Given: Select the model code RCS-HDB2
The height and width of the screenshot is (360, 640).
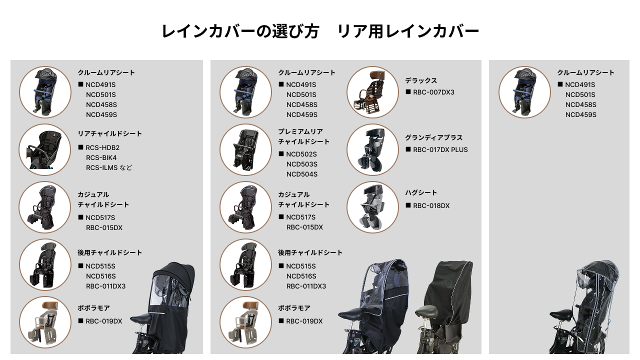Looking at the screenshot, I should pyautogui.click(x=102, y=147).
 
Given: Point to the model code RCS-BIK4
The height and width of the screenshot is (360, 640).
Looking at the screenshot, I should pyautogui.click(x=101, y=157).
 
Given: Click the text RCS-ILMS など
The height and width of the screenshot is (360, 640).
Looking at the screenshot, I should pyautogui.click(x=109, y=167).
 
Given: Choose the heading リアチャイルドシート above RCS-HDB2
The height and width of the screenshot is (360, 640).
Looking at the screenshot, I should pyautogui.click(x=109, y=133).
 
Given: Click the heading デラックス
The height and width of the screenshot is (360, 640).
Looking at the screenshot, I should pyautogui.click(x=421, y=80).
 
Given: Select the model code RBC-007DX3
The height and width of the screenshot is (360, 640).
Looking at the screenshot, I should pyautogui.click(x=433, y=92).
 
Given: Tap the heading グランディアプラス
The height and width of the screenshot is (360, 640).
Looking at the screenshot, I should pyautogui.click(x=433, y=137).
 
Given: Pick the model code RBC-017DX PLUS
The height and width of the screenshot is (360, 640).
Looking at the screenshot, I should pyautogui.click(x=440, y=149).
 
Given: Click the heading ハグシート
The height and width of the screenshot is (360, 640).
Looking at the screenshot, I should pyautogui.click(x=421, y=192).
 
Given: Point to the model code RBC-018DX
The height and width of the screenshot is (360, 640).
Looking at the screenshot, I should pyautogui.click(x=431, y=205).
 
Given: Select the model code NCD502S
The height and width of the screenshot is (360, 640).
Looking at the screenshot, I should pyautogui.click(x=301, y=154).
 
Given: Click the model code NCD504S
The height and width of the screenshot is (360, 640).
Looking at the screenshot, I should pyautogui.click(x=301, y=174).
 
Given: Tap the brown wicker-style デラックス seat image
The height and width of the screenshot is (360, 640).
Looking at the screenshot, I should pyautogui.click(x=372, y=92).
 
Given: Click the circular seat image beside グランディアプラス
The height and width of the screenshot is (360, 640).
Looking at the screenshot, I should pyautogui.click(x=372, y=149).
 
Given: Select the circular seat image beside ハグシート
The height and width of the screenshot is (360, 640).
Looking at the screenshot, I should pyautogui.click(x=372, y=207).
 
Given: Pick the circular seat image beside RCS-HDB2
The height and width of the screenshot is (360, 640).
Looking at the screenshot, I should pyautogui.click(x=45, y=149).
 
